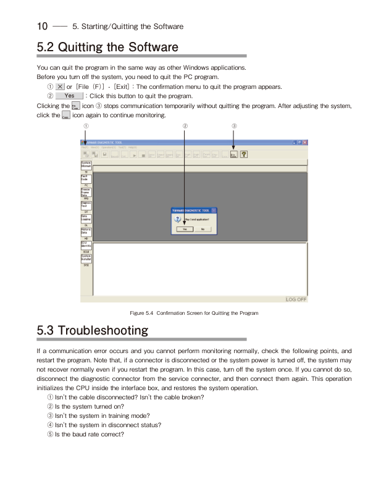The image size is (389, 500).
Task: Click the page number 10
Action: pos(42,26)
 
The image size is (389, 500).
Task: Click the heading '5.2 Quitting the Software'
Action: pos(107,47)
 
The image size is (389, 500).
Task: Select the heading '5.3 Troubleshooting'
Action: pos(93,330)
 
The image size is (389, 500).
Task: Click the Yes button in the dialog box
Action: pos(184,228)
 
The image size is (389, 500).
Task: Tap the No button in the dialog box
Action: pos(202,228)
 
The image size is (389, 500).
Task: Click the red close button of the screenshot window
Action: pos(305,143)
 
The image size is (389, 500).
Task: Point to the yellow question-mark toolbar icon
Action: pos(244,155)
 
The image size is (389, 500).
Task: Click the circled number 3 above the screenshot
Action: pos(234,126)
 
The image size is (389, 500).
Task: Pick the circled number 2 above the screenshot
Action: pos(185,126)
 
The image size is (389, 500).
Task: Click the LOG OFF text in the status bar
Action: pos(296,299)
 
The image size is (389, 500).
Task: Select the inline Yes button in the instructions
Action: pos(69,96)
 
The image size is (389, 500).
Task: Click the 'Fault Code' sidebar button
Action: pos(86,178)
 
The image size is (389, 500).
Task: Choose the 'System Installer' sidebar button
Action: pos(86,258)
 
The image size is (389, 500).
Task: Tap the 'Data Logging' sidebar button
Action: pos(86,218)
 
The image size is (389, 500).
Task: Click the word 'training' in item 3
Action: pos(116,415)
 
